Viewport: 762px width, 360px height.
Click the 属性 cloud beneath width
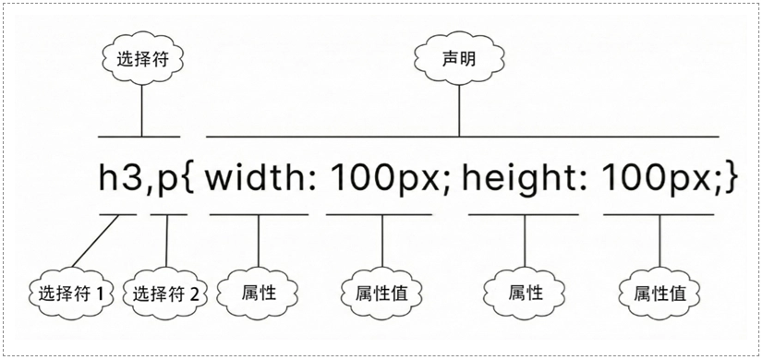[258, 293]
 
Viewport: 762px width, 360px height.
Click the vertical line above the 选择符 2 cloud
[166, 242]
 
